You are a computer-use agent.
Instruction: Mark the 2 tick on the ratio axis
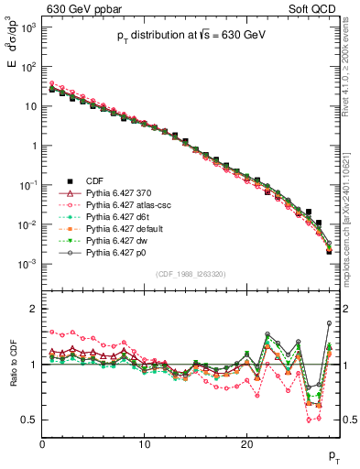(34, 309)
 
